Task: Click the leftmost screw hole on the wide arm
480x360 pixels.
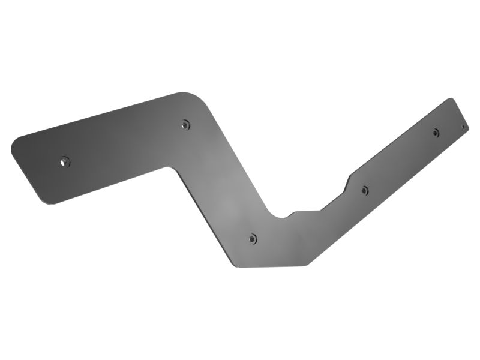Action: (x=65, y=161)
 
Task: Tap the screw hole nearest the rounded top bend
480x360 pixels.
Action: (x=186, y=125)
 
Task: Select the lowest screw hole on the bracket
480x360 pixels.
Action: (x=253, y=239)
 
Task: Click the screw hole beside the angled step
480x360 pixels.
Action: (x=365, y=191)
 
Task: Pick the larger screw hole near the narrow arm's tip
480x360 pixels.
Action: (x=436, y=133)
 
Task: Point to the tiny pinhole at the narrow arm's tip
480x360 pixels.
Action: (x=463, y=127)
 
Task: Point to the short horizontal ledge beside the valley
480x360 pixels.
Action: (x=307, y=211)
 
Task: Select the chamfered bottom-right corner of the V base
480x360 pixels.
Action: (x=307, y=263)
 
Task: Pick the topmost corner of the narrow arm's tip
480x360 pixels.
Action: (x=449, y=99)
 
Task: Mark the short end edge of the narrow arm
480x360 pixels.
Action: (x=459, y=113)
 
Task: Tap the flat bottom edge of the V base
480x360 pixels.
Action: (x=270, y=266)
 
